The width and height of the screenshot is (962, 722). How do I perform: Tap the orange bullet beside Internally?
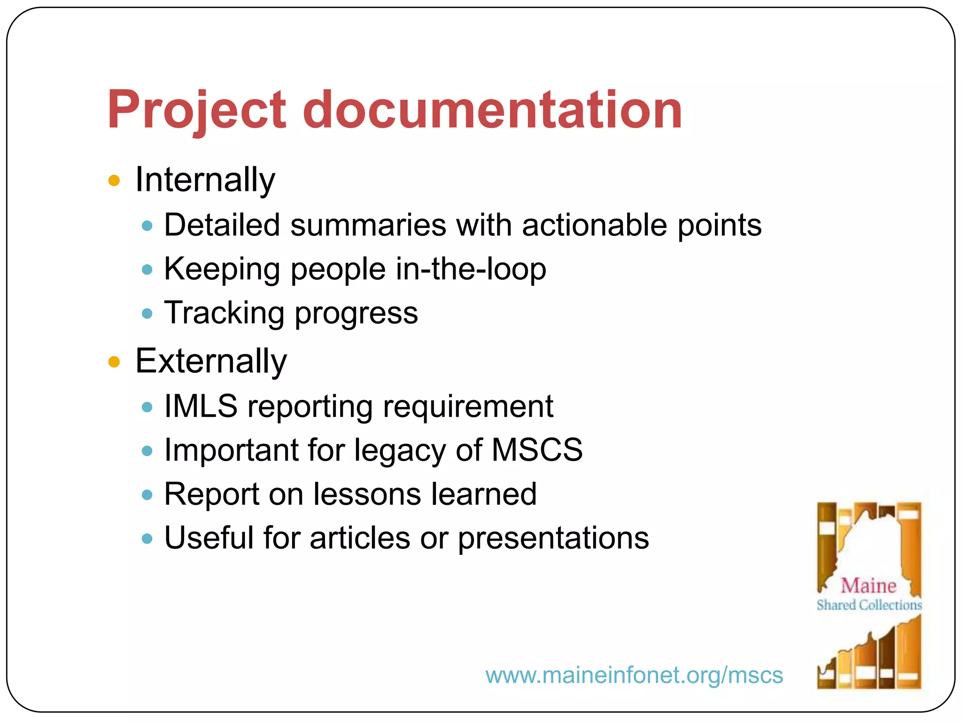[x=114, y=180]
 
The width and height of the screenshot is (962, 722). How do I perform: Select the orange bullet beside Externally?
[x=114, y=362]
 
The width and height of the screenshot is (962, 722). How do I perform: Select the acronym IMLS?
[x=201, y=406]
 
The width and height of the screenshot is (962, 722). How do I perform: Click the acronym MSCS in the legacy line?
[x=537, y=450]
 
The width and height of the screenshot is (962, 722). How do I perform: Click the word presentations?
[x=553, y=538]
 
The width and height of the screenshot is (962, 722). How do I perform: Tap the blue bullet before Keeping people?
[x=147, y=270]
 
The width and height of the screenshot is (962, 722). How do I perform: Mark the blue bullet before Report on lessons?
[x=147, y=495]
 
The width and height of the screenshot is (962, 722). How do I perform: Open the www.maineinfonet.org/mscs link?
[x=634, y=675]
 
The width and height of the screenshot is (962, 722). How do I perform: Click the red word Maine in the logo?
[x=868, y=586]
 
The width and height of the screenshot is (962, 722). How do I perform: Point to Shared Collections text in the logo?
[x=869, y=605]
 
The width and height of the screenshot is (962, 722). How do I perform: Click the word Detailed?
[x=222, y=225]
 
